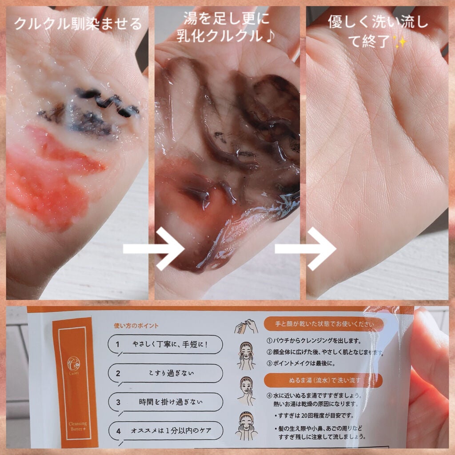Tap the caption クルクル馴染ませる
click(x=78, y=23)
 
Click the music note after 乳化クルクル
click(x=270, y=35)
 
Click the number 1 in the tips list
click(x=118, y=344)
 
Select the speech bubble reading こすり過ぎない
click(x=165, y=373)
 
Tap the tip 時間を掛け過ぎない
click(x=165, y=402)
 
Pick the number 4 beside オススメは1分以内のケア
click(x=118, y=431)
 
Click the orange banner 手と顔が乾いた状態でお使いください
click(x=324, y=323)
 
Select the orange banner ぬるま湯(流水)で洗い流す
click(x=323, y=380)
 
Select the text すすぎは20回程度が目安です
click(x=318, y=416)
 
